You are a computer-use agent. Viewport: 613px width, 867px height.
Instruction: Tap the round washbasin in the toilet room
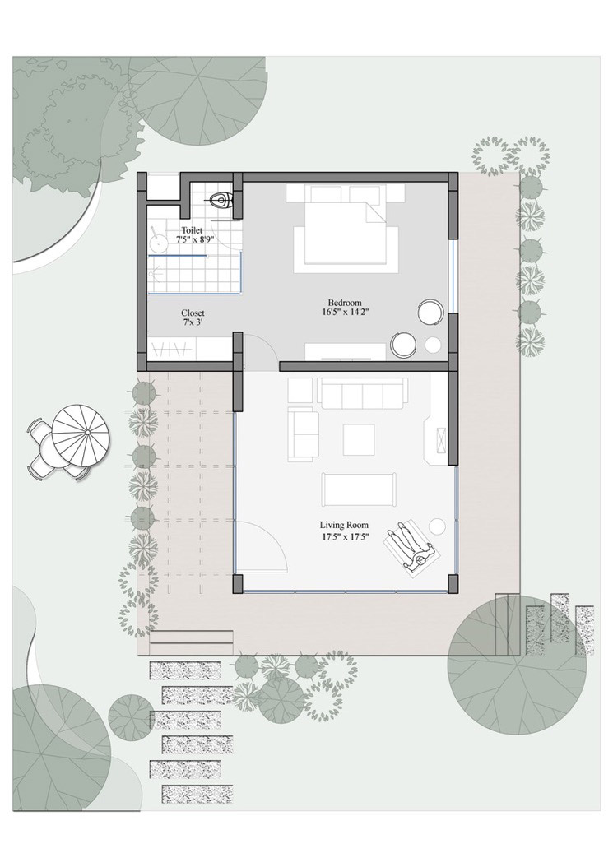coord(159,242)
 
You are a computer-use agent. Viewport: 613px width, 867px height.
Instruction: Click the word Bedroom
coord(345,303)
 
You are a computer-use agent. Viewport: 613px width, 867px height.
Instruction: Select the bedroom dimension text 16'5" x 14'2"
coord(346,312)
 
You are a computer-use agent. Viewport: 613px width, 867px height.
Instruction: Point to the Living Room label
coord(344,526)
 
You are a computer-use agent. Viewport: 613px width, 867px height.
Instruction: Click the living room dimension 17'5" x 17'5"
coord(344,535)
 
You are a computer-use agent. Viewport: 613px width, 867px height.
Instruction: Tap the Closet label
coord(193,313)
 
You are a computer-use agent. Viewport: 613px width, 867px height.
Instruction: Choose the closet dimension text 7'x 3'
coord(193,322)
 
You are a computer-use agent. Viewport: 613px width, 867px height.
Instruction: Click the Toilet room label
coord(192,230)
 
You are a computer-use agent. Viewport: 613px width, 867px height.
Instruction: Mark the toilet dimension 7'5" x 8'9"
coord(195,239)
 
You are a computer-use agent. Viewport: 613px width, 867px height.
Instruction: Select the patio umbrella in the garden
coord(81,433)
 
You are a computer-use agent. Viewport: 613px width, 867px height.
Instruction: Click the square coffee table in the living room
coord(359,439)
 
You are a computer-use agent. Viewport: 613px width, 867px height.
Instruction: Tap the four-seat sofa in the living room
coord(362,393)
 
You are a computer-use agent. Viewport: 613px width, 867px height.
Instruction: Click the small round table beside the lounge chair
coord(438,526)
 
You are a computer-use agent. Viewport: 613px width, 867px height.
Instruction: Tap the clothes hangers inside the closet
coord(172,350)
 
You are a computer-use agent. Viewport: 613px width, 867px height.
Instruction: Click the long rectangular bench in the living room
coord(360,489)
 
